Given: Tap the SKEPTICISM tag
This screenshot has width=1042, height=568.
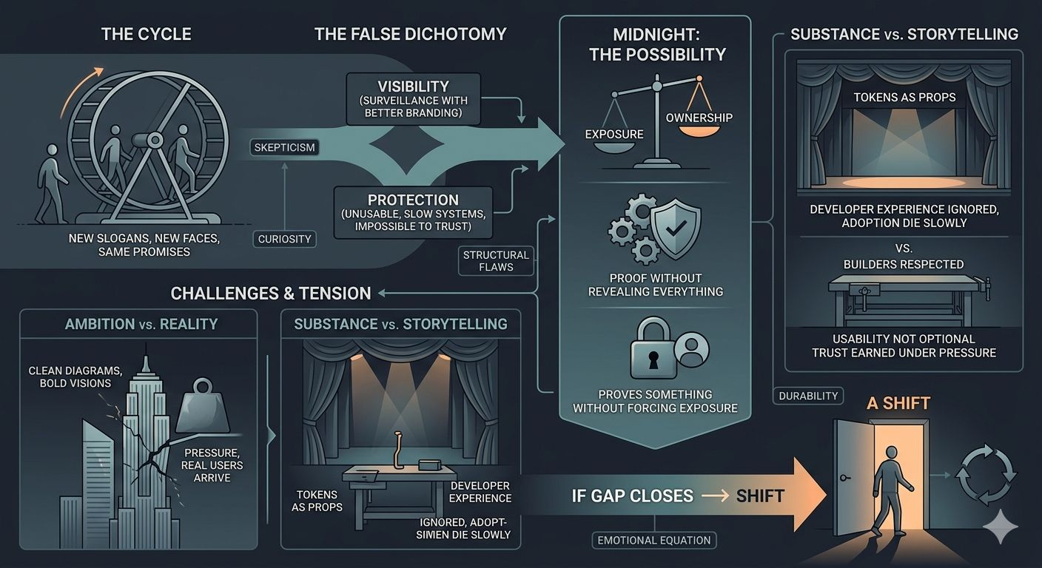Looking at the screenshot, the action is (284, 147).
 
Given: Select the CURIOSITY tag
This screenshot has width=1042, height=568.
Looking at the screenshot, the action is (284, 239).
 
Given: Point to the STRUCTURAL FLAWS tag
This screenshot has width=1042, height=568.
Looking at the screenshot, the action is (496, 260).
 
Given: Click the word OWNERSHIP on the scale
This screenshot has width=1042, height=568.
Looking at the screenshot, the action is (699, 118).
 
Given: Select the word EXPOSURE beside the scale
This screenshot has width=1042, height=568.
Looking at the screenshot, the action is (614, 135).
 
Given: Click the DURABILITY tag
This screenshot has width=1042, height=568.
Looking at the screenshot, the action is (808, 396).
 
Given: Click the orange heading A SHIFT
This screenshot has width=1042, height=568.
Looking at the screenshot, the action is (899, 403).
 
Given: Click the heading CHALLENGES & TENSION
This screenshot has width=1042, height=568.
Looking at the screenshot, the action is (271, 293).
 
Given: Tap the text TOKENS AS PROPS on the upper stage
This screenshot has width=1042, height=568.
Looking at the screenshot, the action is (904, 98).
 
